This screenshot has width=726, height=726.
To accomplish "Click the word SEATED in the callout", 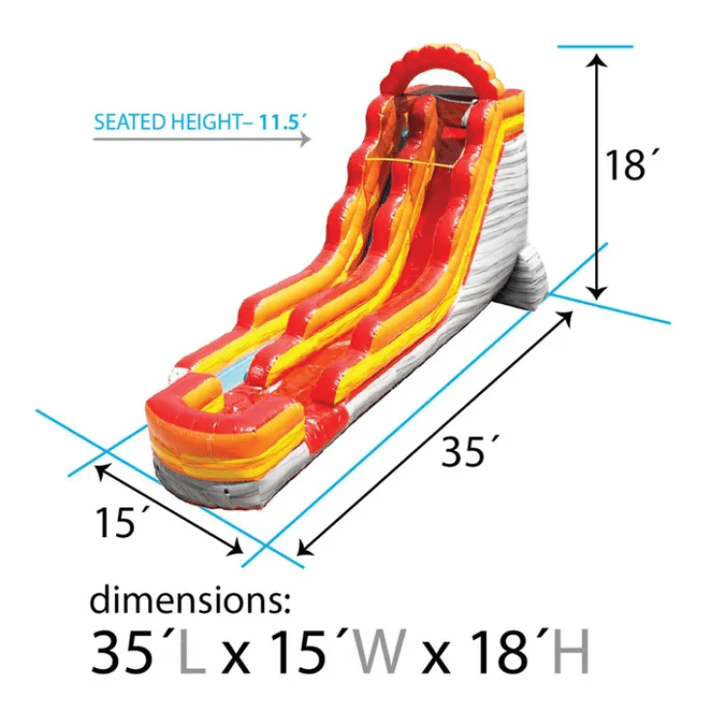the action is tap(130, 122).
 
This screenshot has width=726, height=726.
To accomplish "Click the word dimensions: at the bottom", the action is tap(190, 599).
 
